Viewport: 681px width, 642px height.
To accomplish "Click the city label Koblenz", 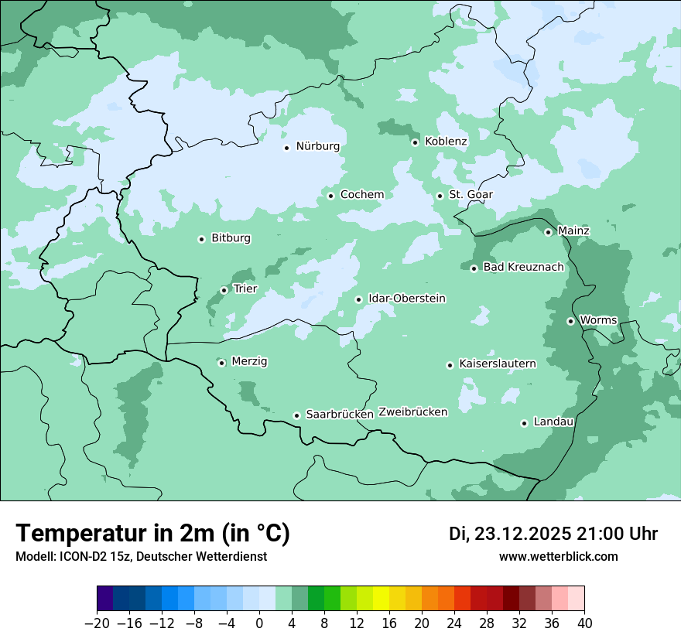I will point(446,142).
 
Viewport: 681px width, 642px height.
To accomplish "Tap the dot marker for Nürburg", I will point(286,147).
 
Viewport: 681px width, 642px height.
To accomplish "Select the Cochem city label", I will point(361,195).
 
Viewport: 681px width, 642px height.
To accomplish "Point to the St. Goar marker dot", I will point(440,196).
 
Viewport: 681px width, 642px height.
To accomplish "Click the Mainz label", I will point(573,231).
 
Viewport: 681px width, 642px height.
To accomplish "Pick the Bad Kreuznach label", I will point(523,268).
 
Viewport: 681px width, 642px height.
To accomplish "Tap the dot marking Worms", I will point(570,321).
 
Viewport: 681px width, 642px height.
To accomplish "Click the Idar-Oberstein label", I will point(406,299).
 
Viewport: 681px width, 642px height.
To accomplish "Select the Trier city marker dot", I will point(224,290).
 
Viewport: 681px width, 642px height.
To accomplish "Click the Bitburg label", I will point(231,238).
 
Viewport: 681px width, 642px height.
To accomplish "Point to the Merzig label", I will point(249,361).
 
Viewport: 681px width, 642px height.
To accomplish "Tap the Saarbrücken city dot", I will point(296,415).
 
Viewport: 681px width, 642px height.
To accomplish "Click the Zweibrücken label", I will point(412,412).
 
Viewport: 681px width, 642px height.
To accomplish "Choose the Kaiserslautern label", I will point(497,364).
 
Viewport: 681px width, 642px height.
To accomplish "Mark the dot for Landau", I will point(524,423).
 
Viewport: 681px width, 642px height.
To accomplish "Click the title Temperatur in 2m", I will point(152,534).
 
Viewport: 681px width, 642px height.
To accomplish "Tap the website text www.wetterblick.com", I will point(558,557).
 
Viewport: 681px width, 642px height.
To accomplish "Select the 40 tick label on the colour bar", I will point(584,623).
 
